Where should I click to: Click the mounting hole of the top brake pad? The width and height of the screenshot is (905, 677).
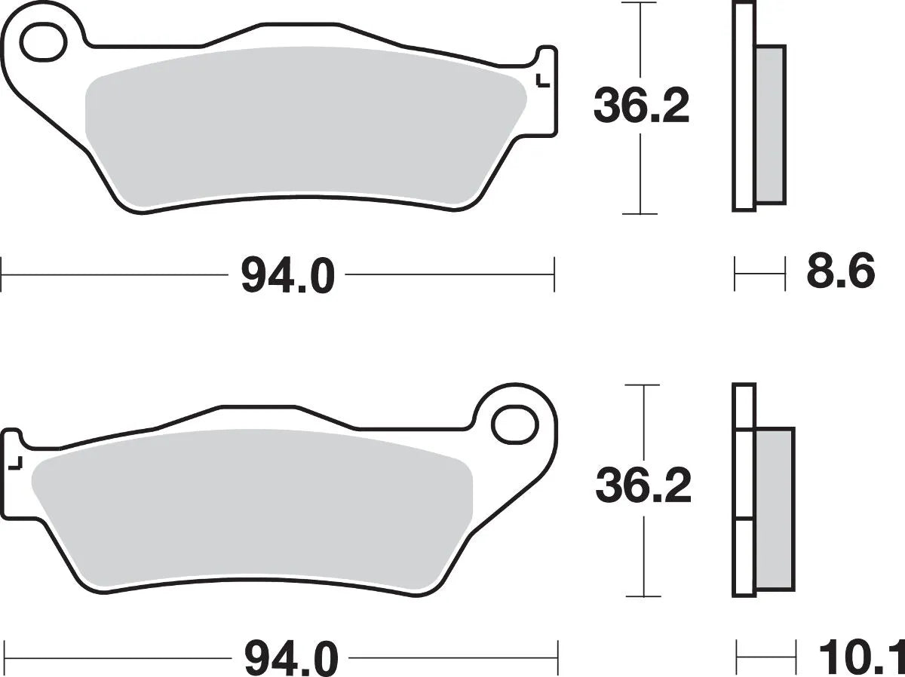pos(42,43)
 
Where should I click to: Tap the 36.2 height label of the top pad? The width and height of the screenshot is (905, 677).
pos(641,106)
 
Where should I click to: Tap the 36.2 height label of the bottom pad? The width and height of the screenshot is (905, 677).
pos(643,487)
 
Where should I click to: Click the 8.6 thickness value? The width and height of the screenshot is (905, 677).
pos(840,272)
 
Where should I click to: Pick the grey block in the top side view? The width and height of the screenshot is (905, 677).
pos(770,124)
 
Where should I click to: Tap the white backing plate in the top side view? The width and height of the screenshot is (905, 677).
pos(744,106)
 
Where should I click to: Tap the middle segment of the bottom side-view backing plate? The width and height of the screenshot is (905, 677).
pos(743,475)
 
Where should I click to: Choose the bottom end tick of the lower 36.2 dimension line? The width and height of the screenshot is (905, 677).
pos(643,595)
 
